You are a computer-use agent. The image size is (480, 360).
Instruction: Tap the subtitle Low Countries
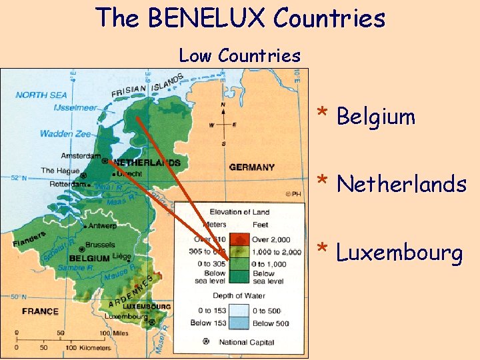239,56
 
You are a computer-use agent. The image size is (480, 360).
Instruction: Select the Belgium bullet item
375,117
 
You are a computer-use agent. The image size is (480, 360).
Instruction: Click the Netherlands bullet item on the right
401,183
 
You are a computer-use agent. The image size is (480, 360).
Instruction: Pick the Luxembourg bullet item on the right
399,253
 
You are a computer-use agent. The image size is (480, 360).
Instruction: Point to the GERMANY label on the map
251,167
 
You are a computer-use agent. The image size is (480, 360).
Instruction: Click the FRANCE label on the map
40,311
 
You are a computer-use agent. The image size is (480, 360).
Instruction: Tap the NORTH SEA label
41,95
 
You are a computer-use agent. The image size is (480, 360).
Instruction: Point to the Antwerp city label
101,225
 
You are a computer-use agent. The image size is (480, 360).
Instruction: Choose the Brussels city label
100,245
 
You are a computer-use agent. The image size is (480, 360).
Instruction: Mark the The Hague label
60,171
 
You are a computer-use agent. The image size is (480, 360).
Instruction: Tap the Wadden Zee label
65,134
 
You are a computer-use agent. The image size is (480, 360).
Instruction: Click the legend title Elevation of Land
238,212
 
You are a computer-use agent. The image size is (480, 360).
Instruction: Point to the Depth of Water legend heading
238,295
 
